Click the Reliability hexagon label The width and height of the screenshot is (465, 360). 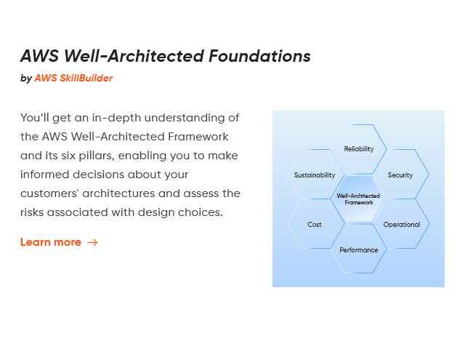point(358,148)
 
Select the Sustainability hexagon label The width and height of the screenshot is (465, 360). point(315,175)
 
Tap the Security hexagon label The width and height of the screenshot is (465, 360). point(400,175)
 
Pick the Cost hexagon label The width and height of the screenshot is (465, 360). point(315,225)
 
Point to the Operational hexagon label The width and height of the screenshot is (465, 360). point(402,225)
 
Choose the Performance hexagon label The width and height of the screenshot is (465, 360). point(358,250)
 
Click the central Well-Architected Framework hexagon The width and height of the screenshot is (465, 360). point(358,199)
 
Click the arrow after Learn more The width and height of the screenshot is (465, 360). point(92,242)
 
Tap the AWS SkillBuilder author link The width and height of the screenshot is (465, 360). point(73,78)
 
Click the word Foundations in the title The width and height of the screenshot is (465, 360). point(259,56)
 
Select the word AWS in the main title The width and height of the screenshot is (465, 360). point(40,56)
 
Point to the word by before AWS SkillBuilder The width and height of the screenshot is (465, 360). point(26,79)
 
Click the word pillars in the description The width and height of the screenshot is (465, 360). point(97,156)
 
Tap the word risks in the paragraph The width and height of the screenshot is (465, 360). point(32,212)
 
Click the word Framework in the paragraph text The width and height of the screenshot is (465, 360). point(198,137)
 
